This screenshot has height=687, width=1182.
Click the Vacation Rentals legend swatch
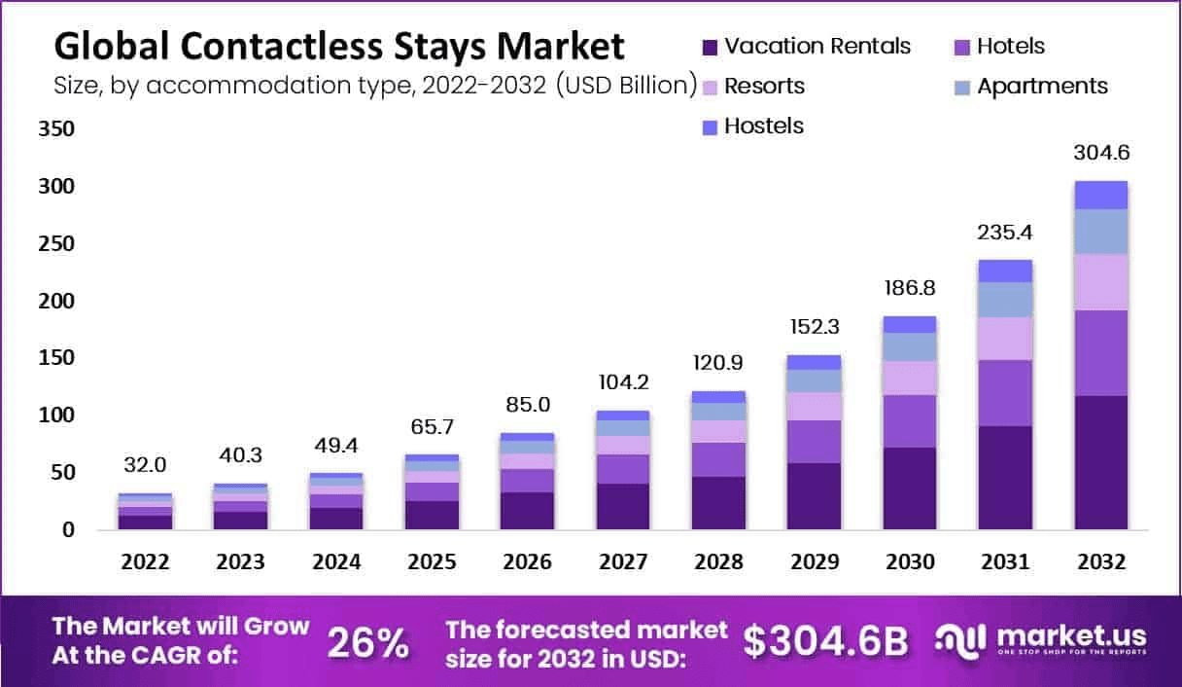click(x=710, y=47)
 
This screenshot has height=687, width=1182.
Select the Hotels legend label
click(x=1011, y=46)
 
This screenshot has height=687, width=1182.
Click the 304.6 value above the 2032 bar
click(x=1101, y=153)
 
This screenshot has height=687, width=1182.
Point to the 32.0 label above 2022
click(x=145, y=464)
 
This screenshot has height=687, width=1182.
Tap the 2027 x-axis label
click(x=622, y=562)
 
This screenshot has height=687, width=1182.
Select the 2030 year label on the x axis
click(x=909, y=562)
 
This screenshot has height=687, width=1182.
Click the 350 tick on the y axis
click(x=54, y=129)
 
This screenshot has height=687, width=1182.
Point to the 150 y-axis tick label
click(x=54, y=358)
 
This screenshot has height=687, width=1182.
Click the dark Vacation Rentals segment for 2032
click(x=1101, y=462)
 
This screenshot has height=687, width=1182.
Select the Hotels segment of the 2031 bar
click(x=1005, y=392)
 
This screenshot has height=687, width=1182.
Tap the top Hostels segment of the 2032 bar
click(x=1101, y=195)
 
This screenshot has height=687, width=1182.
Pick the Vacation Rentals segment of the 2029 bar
click(x=814, y=495)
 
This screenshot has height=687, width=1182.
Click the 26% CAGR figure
click(x=367, y=643)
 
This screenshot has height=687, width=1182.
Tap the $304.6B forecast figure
click(x=825, y=641)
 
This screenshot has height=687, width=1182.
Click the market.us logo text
click(x=1070, y=636)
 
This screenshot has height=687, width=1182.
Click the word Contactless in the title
click(x=276, y=46)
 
